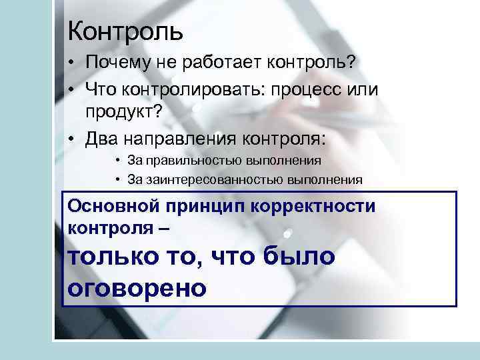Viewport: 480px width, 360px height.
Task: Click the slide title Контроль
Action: pyautogui.click(x=125, y=30)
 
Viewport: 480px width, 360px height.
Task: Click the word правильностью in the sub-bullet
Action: pyautogui.click(x=192, y=161)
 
